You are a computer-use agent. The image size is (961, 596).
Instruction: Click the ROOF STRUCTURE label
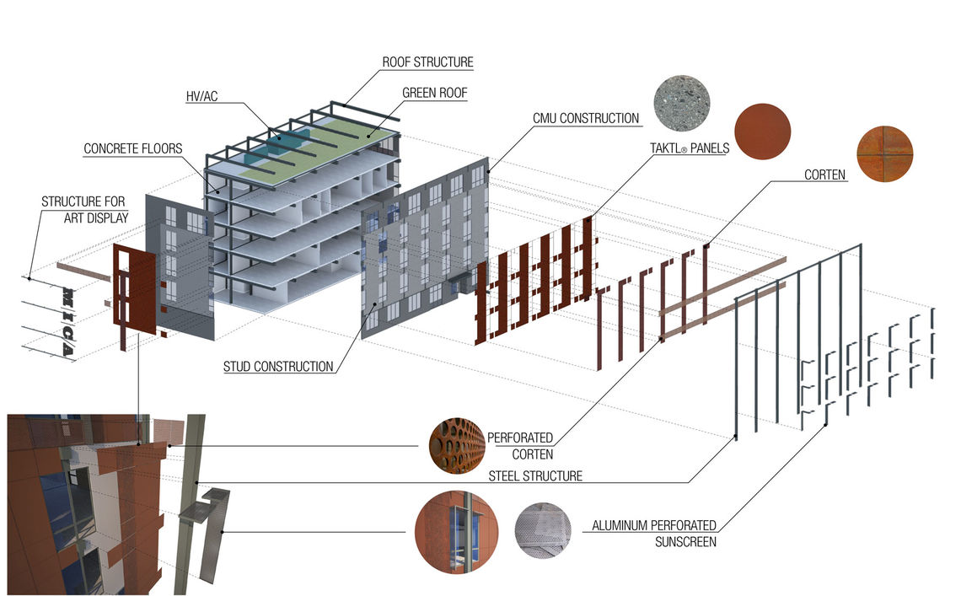point(427,62)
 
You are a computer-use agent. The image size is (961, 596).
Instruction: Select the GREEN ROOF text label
point(434,94)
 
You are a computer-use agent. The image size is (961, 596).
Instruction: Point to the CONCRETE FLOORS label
point(132,149)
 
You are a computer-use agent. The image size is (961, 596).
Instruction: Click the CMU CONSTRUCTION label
point(586,119)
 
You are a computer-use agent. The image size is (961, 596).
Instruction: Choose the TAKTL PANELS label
point(690,148)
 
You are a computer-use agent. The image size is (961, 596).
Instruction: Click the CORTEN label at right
point(825,175)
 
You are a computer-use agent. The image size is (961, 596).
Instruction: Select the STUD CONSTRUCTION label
point(278,367)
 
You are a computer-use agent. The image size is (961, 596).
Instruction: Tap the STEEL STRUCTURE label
point(535,476)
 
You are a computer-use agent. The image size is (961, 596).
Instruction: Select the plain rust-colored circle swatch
point(763,132)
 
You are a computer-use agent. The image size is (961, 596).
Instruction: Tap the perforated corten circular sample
point(457,446)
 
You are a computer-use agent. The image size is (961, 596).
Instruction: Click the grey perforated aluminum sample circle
point(543,531)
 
